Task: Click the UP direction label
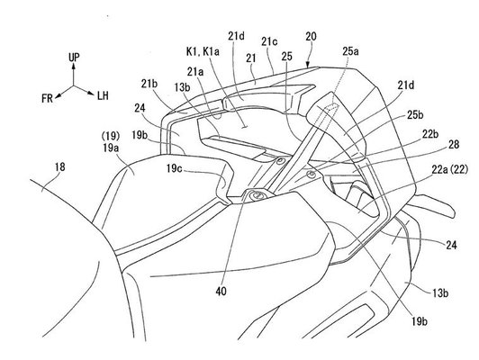click(74, 58)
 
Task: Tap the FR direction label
click(48, 98)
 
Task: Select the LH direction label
click(103, 96)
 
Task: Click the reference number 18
click(59, 167)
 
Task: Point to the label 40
click(221, 292)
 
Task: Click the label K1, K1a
click(203, 52)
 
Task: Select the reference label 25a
click(350, 51)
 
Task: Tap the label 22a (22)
click(449, 170)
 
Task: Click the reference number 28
click(454, 144)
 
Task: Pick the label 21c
click(269, 41)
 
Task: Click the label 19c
click(175, 168)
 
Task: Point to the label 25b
click(415, 114)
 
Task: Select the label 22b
click(430, 134)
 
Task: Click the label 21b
click(149, 84)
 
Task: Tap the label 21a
click(195, 72)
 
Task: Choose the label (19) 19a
click(111, 141)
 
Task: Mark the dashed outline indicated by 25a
click(332, 106)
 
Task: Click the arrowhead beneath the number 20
click(308, 65)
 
